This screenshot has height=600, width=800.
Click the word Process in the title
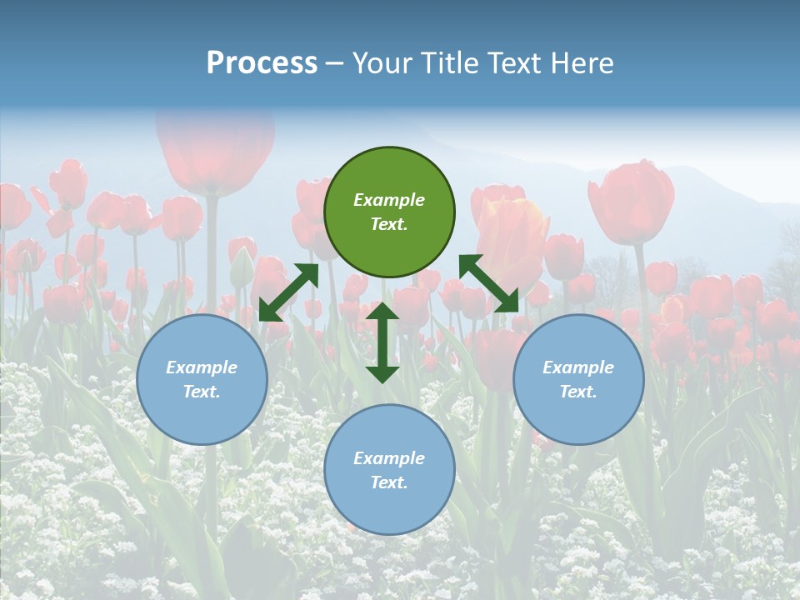(x=262, y=63)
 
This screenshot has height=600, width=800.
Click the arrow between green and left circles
(x=288, y=292)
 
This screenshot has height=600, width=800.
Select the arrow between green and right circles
(x=489, y=283)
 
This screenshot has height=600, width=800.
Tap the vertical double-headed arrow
(x=382, y=342)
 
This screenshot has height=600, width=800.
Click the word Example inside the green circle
(x=389, y=200)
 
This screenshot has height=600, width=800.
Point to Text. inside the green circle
(x=389, y=224)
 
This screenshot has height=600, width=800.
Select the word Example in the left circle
(x=202, y=367)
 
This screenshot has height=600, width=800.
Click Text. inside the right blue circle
(x=578, y=392)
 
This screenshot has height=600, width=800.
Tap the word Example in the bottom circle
(x=389, y=458)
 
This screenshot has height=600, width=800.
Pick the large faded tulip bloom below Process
(x=215, y=150)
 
